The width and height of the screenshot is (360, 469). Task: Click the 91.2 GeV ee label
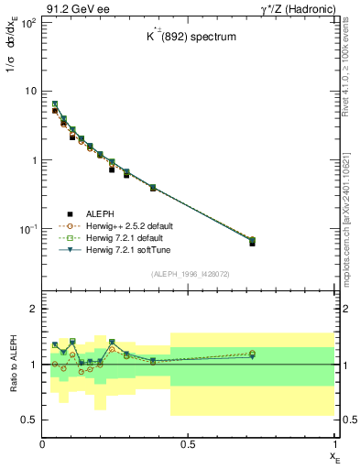pyautogui.click(x=74, y=8)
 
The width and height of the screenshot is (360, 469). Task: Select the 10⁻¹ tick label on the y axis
pyautogui.click(x=28, y=228)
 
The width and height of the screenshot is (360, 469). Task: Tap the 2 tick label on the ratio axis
pyautogui.click(x=34, y=310)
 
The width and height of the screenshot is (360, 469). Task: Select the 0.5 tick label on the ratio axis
pyautogui.click(x=30, y=420)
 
